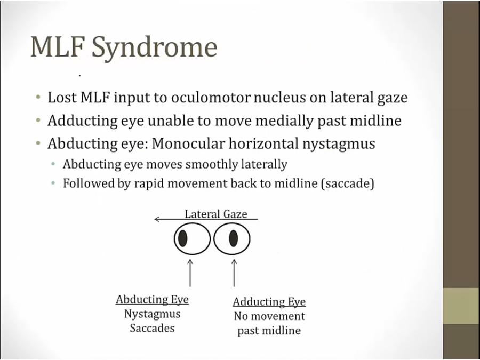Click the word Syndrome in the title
point(155,48)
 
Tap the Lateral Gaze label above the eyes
point(215,214)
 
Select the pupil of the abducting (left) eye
point(182,238)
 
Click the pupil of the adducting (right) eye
point(233,238)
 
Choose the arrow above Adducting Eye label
point(234,272)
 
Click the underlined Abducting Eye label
point(152,300)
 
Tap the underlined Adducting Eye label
point(269,302)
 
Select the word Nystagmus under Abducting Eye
point(152,314)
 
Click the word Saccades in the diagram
point(152,328)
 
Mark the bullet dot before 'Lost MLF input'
point(38,98)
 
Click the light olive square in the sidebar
point(461,306)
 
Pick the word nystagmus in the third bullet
point(332,144)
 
